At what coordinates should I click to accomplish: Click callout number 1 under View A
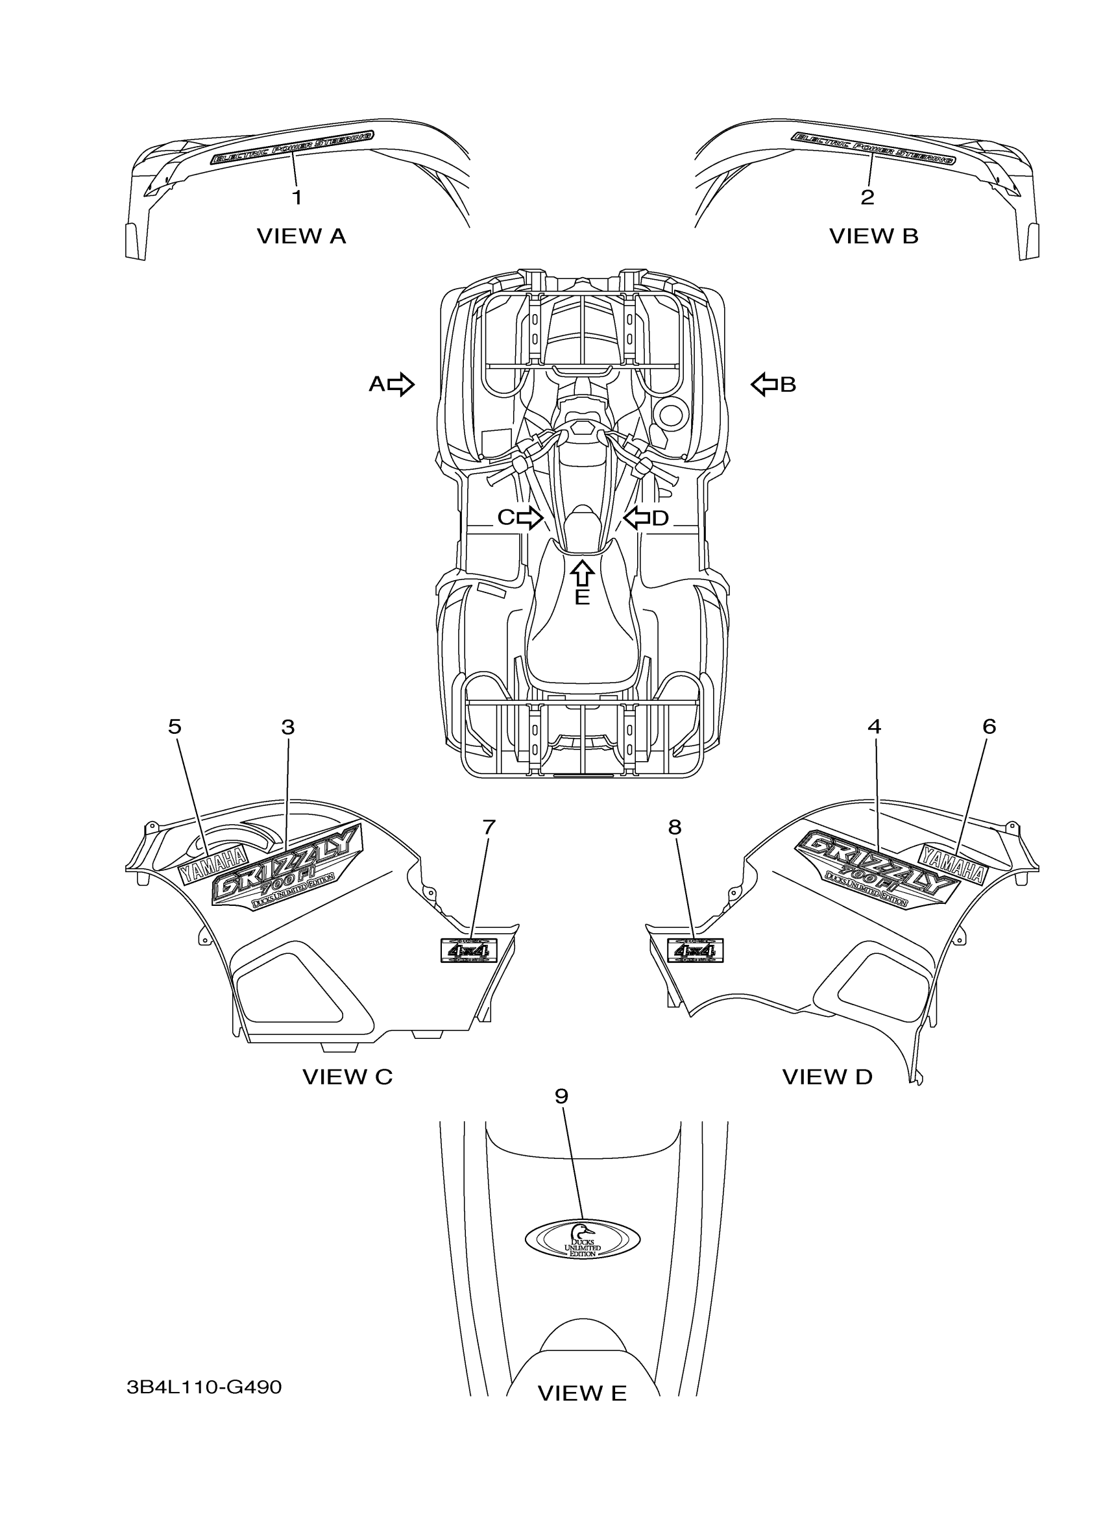coord(297,197)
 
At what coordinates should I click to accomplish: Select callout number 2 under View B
coord(867,197)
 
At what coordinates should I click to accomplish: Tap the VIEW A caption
coord(301,236)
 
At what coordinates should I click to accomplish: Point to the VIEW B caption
coord(873,236)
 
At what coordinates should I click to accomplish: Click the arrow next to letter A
coord(401,384)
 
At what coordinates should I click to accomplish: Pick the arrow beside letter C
coord(529,517)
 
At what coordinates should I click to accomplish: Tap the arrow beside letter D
coord(637,517)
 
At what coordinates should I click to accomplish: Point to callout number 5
coord(175,727)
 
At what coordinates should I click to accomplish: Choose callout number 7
coord(489,827)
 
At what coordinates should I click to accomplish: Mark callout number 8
coord(675,827)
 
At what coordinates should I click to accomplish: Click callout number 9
coord(561,1096)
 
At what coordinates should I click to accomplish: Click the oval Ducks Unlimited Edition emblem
coord(582,1239)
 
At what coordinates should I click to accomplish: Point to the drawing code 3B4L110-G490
coord(204,1387)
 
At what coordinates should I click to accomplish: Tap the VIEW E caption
coord(581,1394)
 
